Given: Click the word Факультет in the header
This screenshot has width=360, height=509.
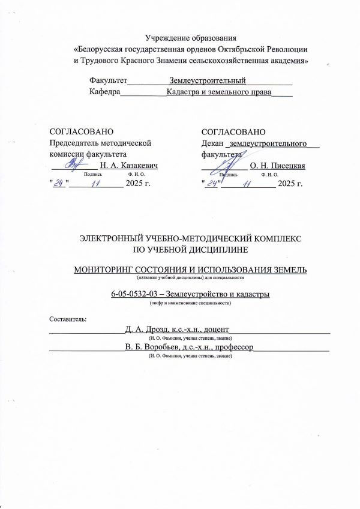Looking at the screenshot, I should [108, 80].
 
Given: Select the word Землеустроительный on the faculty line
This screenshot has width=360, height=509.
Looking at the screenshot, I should [208, 80].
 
